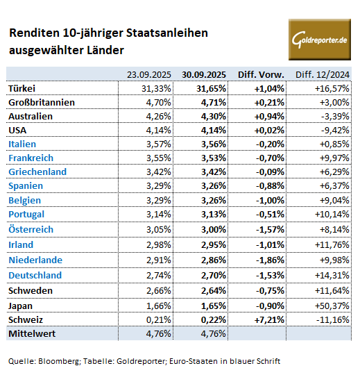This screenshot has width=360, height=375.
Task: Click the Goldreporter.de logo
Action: (320, 40)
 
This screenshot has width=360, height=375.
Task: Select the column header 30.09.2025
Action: (204, 74)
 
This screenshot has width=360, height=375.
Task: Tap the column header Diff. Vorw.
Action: (261, 74)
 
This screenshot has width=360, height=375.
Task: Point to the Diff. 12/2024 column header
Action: (323, 74)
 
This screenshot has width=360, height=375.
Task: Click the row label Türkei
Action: (22, 88)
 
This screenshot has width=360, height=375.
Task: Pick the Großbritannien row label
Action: (42, 102)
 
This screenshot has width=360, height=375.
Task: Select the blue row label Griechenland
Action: (37, 172)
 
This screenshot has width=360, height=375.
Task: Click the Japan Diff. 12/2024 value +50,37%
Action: (332, 306)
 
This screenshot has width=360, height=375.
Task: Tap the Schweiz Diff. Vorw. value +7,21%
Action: (269, 319)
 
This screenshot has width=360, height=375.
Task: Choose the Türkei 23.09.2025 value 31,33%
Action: (156, 88)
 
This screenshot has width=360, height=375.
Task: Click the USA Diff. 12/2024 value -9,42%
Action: (335, 130)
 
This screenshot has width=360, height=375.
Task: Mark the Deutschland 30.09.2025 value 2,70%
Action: (214, 275)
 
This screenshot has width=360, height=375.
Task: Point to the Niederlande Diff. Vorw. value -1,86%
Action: (270, 260)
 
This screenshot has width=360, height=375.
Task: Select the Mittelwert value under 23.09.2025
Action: (159, 333)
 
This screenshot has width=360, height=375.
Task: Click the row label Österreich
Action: (31, 229)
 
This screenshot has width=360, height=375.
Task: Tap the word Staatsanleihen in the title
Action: (167, 33)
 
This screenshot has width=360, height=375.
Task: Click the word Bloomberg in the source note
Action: (58, 361)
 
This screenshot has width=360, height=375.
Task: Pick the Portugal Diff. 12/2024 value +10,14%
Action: (332, 214)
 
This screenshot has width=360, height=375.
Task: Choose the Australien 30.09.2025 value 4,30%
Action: (214, 116)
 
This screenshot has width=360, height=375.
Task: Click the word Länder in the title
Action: (105, 50)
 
